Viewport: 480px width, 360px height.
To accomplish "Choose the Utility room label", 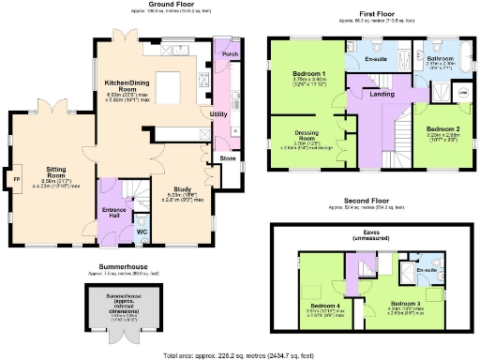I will pyautogui.click(x=219, y=113).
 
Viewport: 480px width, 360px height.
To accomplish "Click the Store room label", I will pyautogui.click(x=228, y=157).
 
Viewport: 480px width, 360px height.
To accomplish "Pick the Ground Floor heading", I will pyautogui.click(x=137, y=5).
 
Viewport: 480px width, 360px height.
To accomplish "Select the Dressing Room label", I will pyautogui.click(x=306, y=137).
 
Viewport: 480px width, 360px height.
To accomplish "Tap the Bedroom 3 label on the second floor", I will pyautogui.click(x=405, y=304).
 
